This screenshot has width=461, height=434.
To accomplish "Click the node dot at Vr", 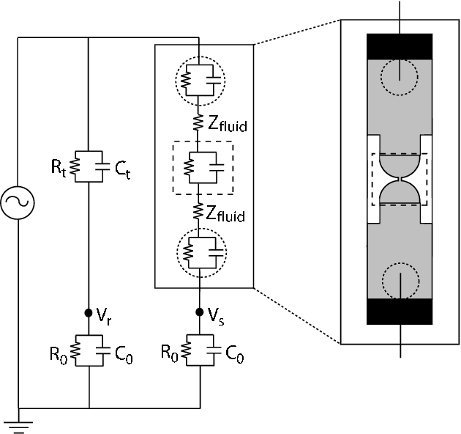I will click(x=89, y=313).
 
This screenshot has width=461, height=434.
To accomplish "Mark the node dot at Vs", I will click(x=200, y=312).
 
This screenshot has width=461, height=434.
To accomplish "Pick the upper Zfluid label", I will click(x=226, y=124).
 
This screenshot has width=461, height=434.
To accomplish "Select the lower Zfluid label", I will click(x=226, y=216).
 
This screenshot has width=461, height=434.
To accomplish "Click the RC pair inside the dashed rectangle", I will click(x=200, y=168).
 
